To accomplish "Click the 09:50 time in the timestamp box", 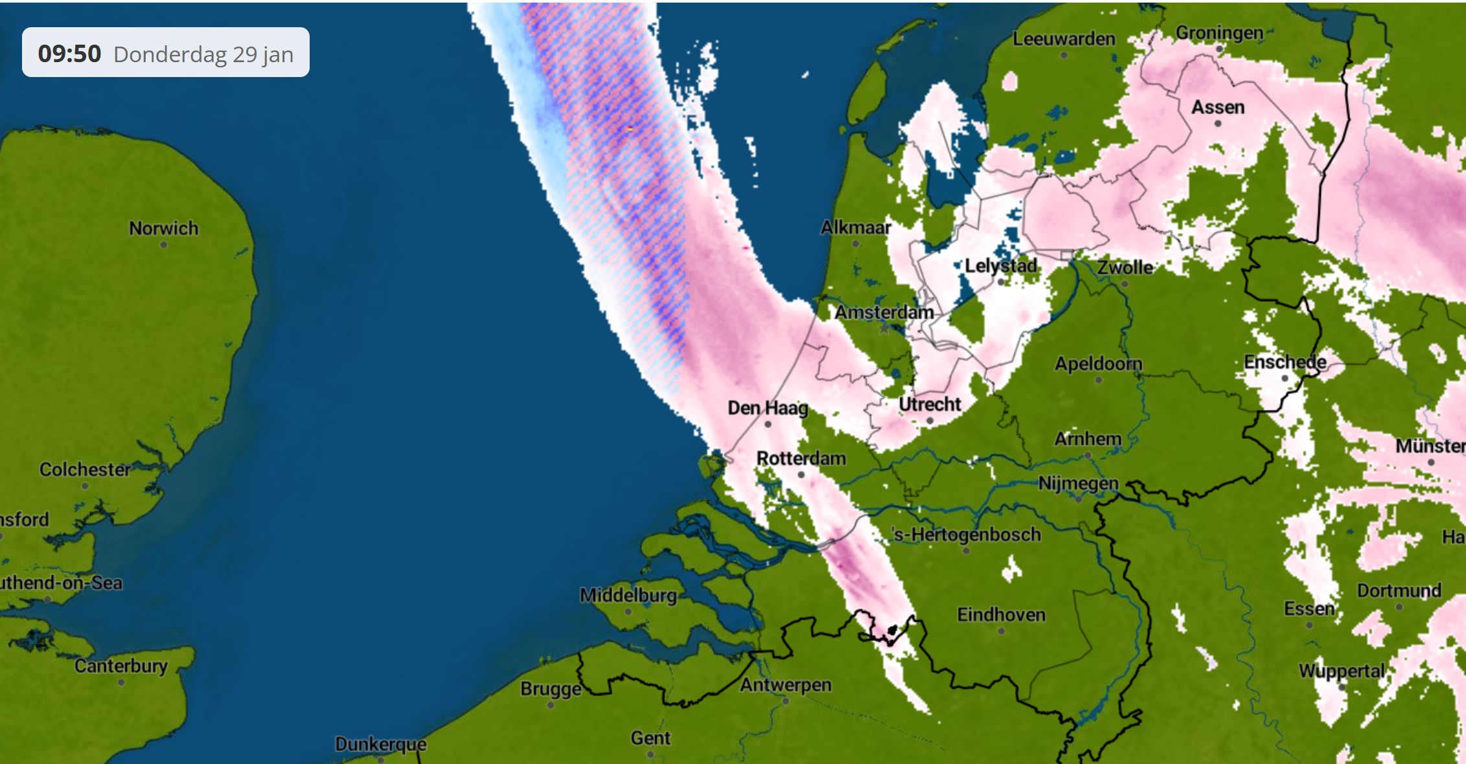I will (69, 53).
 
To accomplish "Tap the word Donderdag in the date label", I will (171, 54).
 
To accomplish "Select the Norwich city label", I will (163, 228).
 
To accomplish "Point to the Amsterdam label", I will (884, 312).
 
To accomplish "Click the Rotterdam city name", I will (801, 458).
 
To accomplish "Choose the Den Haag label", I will (768, 408).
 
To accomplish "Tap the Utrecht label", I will (930, 404).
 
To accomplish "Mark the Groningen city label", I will (1219, 32).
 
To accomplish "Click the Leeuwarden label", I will (1064, 39).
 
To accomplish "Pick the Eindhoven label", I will (1001, 614).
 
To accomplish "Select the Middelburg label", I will (628, 595).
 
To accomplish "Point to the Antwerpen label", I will (785, 684).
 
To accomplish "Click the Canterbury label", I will (121, 666).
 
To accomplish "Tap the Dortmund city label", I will (1399, 590).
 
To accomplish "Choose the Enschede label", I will (1285, 362).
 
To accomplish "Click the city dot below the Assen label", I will (1218, 124).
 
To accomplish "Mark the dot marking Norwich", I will (163, 245).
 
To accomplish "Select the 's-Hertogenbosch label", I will (967, 534).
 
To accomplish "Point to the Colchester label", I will (85, 469).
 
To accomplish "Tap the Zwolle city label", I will (1125, 267).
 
